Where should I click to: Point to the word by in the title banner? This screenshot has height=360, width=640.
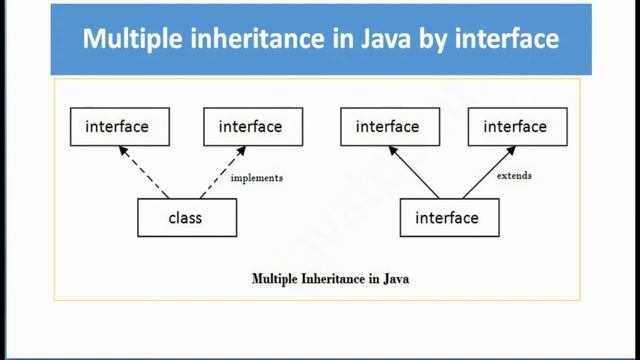[x=435, y=43]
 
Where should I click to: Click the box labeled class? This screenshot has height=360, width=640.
[x=187, y=217]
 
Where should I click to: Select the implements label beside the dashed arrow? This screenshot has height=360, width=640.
[x=257, y=178]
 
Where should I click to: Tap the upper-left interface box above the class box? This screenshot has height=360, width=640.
[x=117, y=127]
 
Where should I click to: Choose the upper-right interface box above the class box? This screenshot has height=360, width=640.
[x=250, y=127]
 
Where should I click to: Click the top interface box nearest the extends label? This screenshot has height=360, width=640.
[x=514, y=127]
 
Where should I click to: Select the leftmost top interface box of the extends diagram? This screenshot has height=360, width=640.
[x=387, y=127]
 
